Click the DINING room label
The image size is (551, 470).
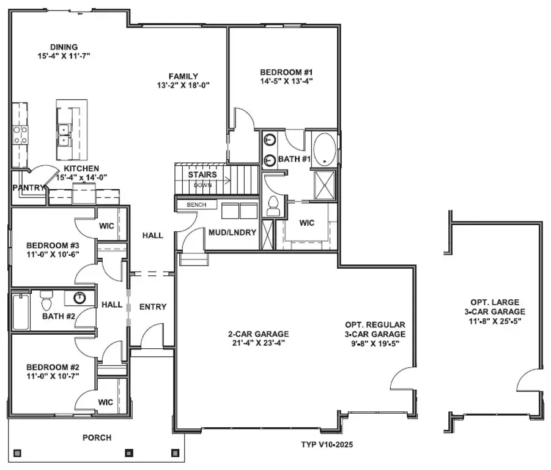[x=64, y=47]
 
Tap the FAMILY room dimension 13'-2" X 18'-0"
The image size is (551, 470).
[x=183, y=85]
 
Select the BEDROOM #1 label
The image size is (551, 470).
[x=286, y=72]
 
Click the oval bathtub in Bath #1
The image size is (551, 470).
[x=325, y=149]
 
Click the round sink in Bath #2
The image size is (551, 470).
[x=80, y=298]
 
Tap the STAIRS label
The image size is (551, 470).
[x=202, y=174]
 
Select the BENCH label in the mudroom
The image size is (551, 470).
[x=196, y=204]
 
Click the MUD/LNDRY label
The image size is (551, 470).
[x=232, y=233]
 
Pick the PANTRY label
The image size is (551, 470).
[x=29, y=188]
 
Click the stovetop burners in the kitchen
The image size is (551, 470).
[x=20, y=135]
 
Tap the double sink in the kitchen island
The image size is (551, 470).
[x=64, y=135]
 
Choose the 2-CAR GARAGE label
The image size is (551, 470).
[x=259, y=334]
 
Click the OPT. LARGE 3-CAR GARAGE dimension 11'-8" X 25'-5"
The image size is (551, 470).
[x=495, y=321]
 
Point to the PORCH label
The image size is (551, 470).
[x=97, y=438]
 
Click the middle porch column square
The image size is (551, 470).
[x=129, y=452]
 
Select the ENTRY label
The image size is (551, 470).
[x=153, y=307]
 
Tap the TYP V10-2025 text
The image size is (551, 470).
[x=327, y=445]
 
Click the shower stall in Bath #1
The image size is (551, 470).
[x=324, y=185]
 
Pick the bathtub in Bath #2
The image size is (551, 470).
[x=20, y=311]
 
